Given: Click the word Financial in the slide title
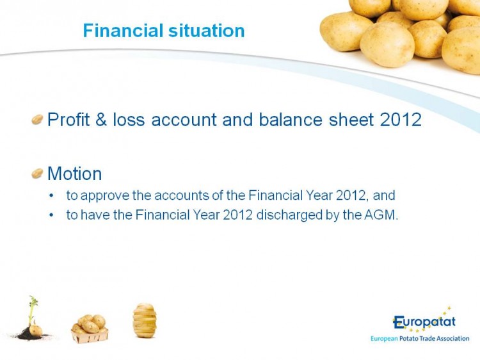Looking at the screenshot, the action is (123, 31).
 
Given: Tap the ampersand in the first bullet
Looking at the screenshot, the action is (101, 120).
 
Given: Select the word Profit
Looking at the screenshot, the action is (68, 120).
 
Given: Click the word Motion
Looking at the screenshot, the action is (75, 174).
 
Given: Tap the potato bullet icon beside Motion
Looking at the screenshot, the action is (37, 174).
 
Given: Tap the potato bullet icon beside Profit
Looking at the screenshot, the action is (37, 120).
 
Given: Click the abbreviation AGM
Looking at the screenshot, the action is (381, 215).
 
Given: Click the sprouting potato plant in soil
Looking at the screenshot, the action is (31, 318).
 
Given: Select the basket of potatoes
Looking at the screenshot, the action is (90, 329).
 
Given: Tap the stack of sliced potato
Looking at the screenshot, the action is (145, 320).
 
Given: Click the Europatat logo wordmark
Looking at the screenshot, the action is (424, 322).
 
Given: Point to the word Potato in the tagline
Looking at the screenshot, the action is (410, 339).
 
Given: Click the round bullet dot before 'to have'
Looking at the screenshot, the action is (51, 215).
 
